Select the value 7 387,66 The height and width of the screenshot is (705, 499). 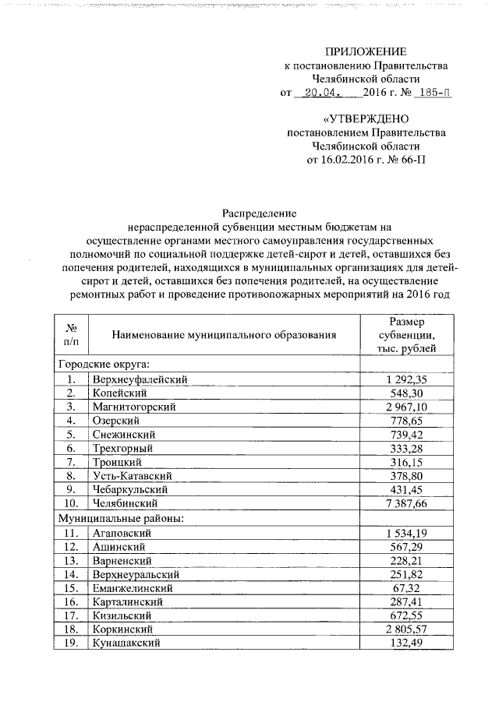click(406, 504)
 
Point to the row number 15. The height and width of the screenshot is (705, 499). click(71, 588)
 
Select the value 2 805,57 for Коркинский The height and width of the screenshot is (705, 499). click(406, 630)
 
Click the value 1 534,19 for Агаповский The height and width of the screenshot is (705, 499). click(406, 532)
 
